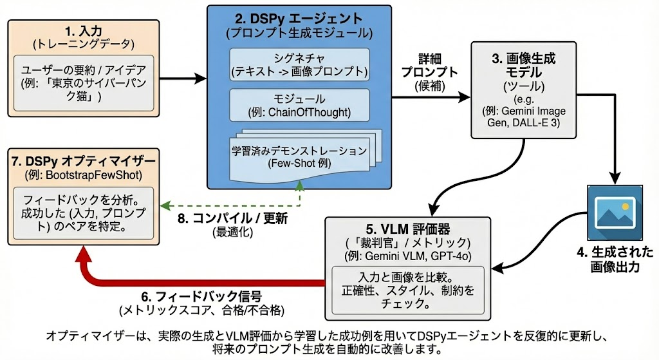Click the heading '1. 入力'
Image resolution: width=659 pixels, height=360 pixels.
click(x=84, y=31)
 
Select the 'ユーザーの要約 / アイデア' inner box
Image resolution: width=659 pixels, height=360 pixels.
click(x=84, y=83)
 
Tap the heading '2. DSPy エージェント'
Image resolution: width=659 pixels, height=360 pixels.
click(x=299, y=19)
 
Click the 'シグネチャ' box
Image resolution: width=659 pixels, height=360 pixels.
click(x=299, y=64)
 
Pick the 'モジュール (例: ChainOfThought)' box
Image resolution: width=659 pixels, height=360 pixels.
click(x=299, y=105)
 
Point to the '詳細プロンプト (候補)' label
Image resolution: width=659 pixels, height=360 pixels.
click(x=429, y=72)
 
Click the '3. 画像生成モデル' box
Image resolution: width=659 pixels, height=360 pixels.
click(x=523, y=90)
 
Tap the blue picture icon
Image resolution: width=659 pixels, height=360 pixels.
click(x=615, y=213)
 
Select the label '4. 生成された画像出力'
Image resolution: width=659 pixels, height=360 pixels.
click(x=615, y=259)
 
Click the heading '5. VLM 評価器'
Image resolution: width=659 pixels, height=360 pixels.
click(x=407, y=229)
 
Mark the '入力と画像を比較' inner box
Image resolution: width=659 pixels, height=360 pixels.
click(x=407, y=290)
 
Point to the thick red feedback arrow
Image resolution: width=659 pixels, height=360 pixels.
click(x=201, y=281)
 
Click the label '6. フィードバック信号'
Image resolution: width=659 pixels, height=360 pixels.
click(x=201, y=296)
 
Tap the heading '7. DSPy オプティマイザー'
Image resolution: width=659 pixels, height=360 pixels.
click(x=84, y=161)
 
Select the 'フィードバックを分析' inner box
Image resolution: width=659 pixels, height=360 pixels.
click(x=84, y=213)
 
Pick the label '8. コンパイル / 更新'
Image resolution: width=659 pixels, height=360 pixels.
click(x=232, y=218)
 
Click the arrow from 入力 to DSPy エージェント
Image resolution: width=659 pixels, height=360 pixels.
click(x=183, y=78)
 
